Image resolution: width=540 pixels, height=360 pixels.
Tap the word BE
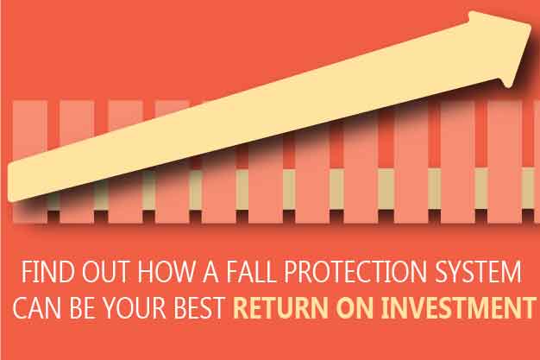[x=82, y=306]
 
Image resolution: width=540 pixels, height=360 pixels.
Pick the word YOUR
[x=135, y=306]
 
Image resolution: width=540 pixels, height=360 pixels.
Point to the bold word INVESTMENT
[x=460, y=306]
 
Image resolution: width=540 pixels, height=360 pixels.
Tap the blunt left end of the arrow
[x=9, y=183]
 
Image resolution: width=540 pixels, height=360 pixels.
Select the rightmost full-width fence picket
[x=505, y=161]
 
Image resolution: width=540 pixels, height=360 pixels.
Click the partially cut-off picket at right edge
[x=537, y=161]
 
